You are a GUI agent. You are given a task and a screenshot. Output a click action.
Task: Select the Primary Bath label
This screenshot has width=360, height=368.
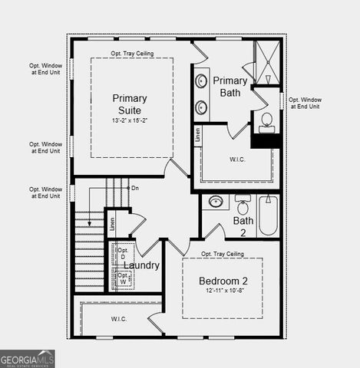point(230,87)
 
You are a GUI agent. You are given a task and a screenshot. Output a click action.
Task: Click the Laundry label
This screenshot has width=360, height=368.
point(141,266)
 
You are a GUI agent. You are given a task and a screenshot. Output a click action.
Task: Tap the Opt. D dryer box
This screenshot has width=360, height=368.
point(124,253)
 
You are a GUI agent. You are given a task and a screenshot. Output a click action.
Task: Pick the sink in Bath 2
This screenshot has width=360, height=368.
point(216,202)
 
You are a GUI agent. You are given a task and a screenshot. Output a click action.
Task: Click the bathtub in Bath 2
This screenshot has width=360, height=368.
point(268,215)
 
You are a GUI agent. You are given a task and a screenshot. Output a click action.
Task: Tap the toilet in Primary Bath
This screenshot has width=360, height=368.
point(266,121)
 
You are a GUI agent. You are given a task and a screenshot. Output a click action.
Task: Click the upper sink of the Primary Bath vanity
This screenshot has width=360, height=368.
point(202,80)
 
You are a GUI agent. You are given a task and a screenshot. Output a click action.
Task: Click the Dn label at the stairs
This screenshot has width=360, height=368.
point(135,188)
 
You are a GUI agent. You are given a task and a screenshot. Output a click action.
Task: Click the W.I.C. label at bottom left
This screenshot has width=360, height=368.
point(118,318)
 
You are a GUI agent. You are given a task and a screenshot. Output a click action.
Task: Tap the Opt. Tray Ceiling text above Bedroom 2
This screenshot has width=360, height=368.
point(223,254)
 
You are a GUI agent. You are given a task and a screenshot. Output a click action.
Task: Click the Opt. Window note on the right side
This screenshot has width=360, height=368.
point(306,103)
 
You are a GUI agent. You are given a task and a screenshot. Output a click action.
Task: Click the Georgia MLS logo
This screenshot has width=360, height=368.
point(27,359)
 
